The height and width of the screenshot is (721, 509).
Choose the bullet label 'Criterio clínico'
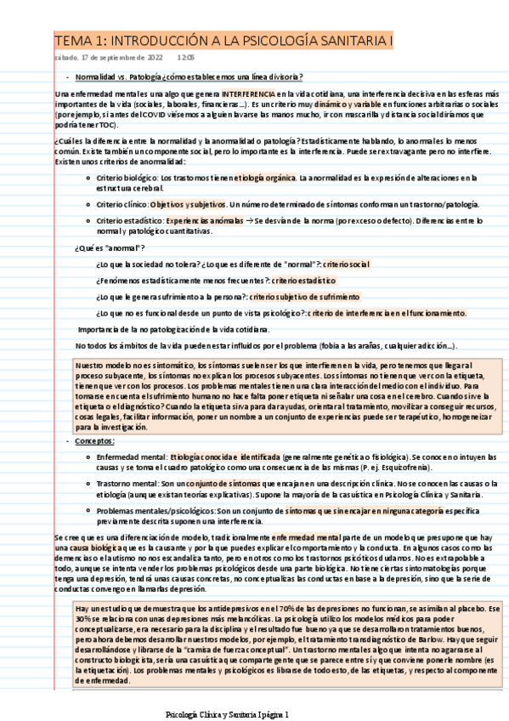[x=124, y=204]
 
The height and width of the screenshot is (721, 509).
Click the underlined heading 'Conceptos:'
[x=93, y=441]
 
